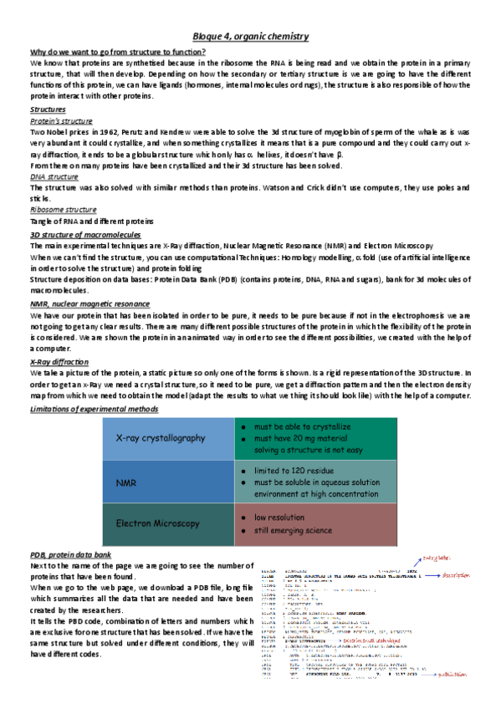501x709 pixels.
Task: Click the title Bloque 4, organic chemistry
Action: coord(250,37)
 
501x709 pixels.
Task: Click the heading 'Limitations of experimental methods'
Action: coord(94,408)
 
